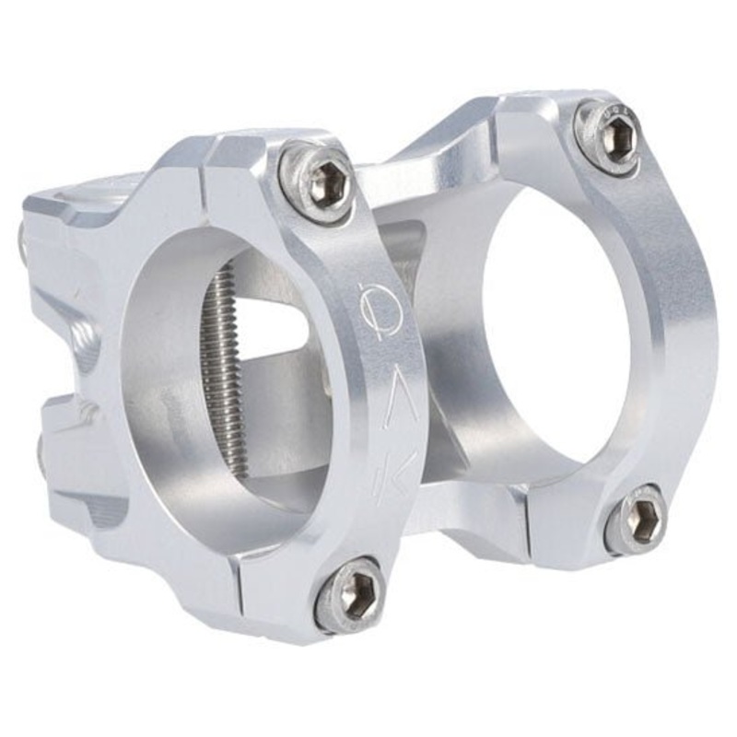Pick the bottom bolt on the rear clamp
636,520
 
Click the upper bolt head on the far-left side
23,241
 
